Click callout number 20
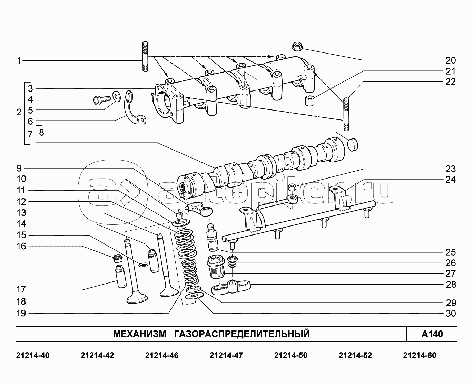tap(451, 60)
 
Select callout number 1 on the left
tap(19, 61)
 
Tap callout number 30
tap(451, 314)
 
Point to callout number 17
tap(21, 290)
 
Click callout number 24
tap(451, 180)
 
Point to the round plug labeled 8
tap(352, 144)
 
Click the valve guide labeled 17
tap(121, 276)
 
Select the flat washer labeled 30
tap(193, 297)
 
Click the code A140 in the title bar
tap(432, 334)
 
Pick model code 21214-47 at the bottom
tap(226, 355)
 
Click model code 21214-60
tap(419, 355)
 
